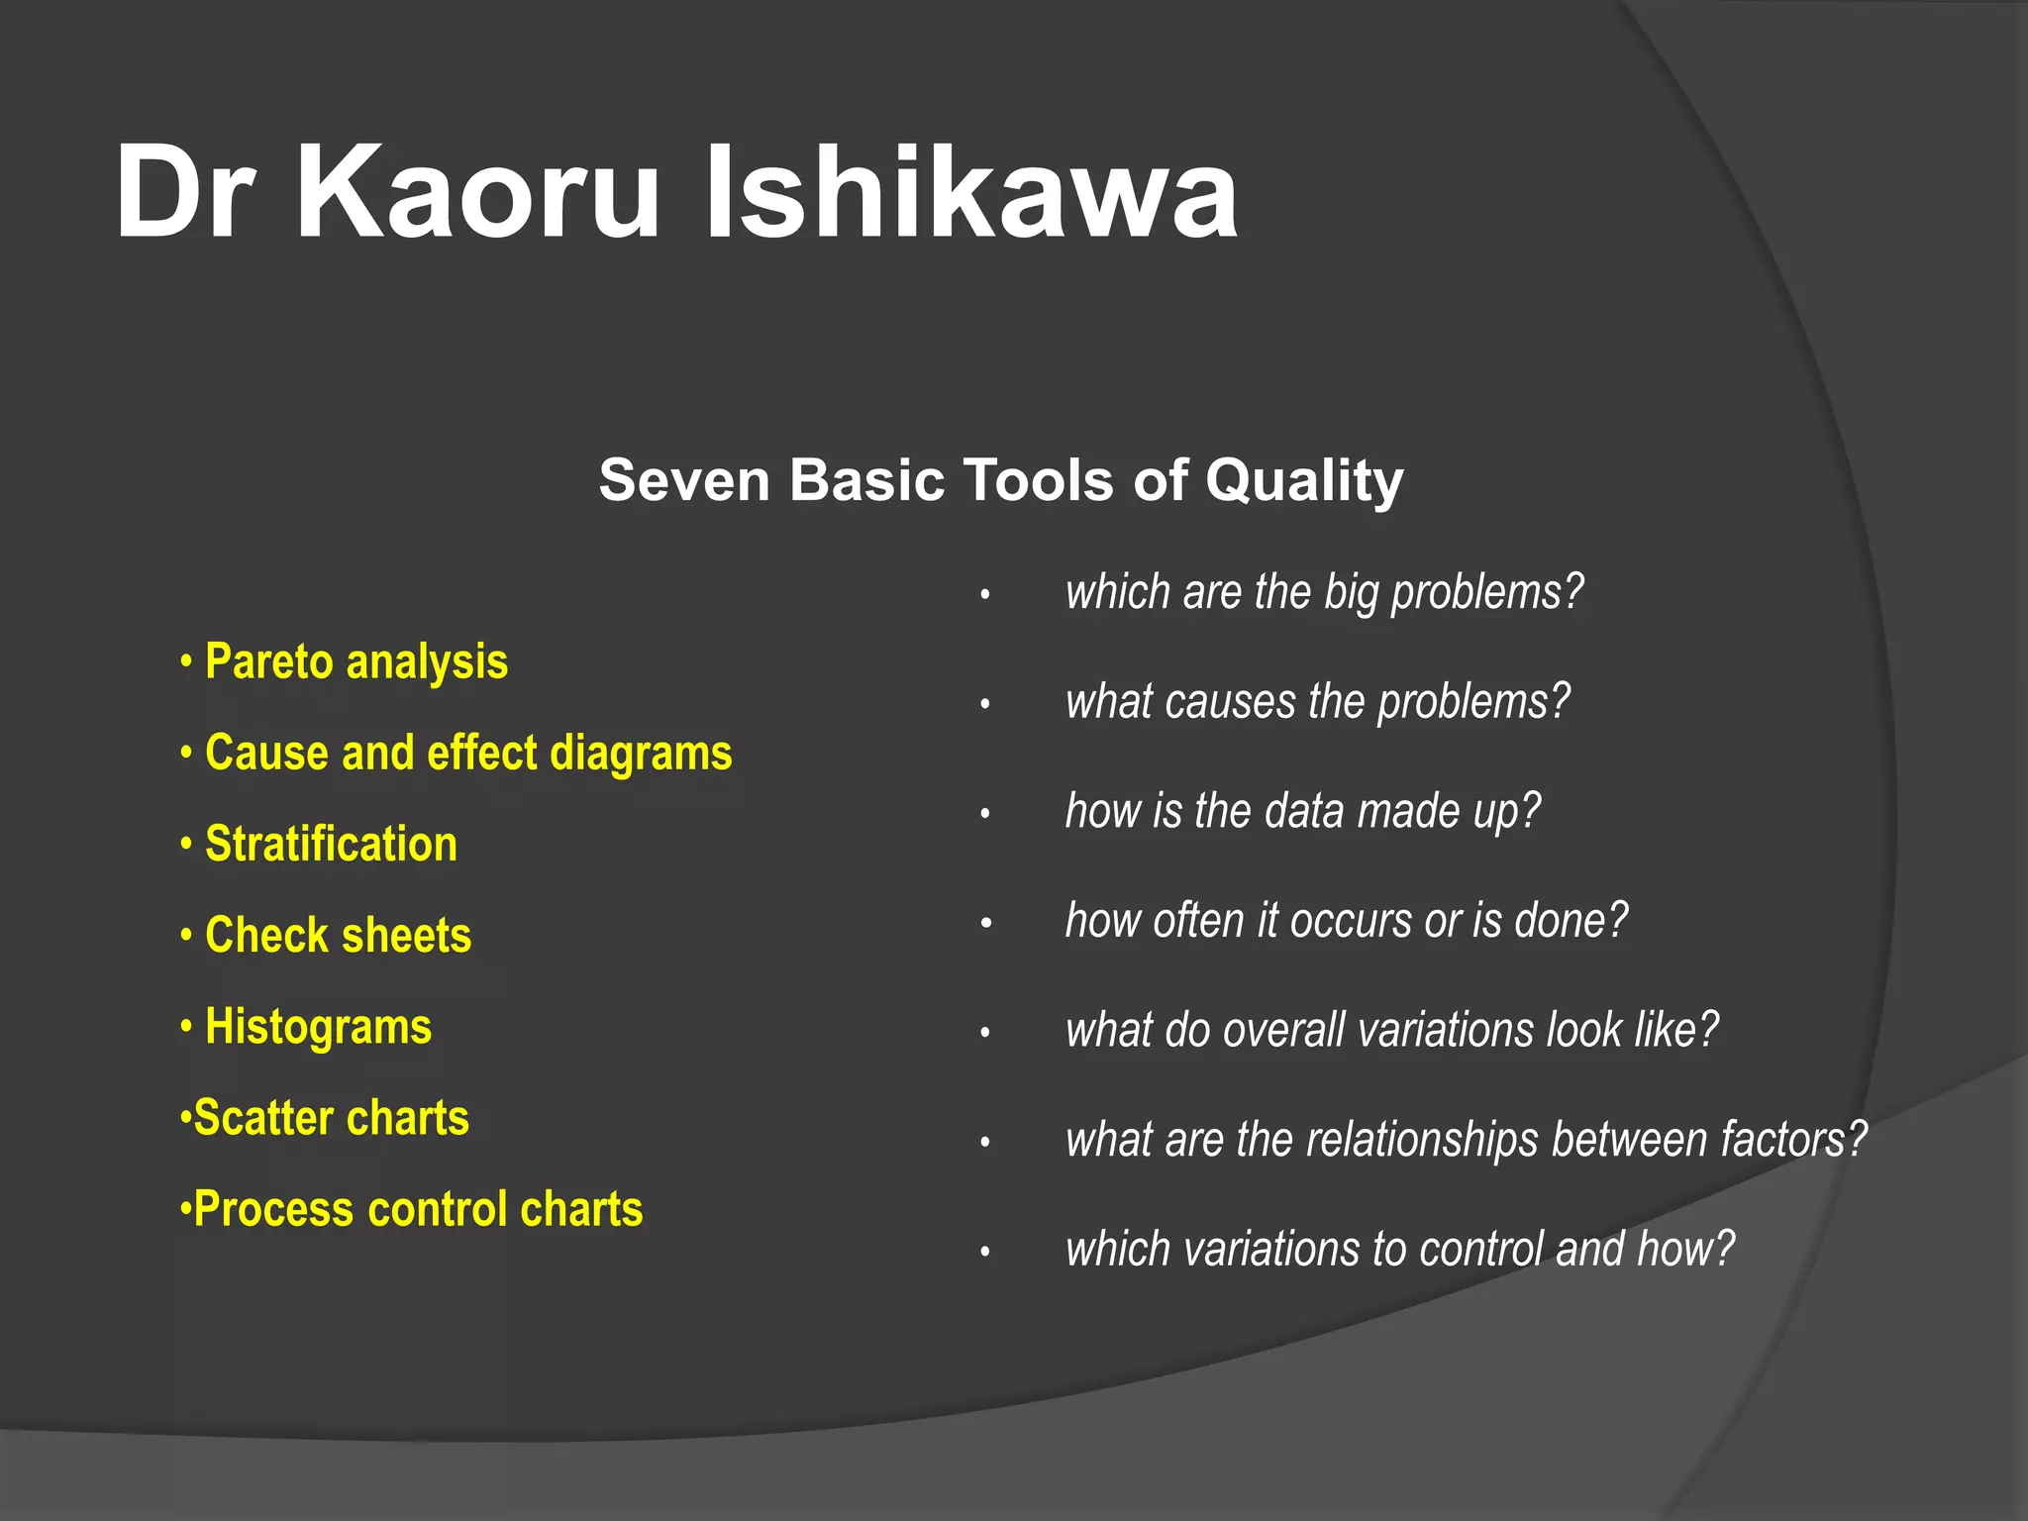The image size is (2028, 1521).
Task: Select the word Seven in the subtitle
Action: (684, 481)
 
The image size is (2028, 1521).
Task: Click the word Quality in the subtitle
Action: (1304, 481)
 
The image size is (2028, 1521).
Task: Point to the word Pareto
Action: (268, 661)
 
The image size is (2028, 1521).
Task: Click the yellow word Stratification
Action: (331, 845)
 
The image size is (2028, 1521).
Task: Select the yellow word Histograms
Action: (318, 1027)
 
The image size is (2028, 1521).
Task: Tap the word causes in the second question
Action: (1230, 702)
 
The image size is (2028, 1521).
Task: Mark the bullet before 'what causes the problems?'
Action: (985, 705)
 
